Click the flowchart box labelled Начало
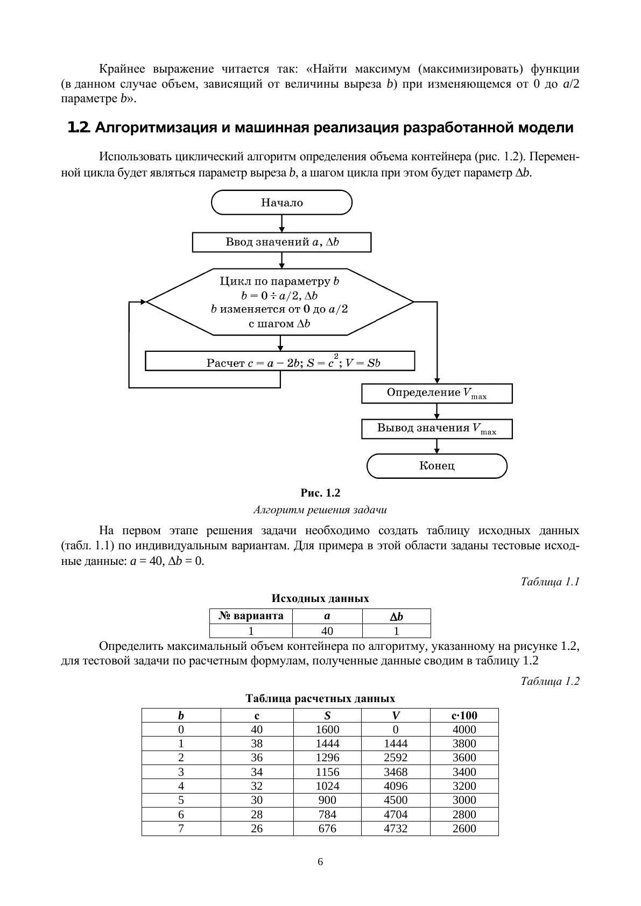[x=281, y=203]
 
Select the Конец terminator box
[x=436, y=466]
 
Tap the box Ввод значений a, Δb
[x=281, y=242]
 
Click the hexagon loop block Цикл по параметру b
[x=280, y=302]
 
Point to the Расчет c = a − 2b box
[x=280, y=362]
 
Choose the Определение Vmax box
[x=436, y=393]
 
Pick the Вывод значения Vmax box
[x=436, y=429]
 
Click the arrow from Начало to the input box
[x=281, y=224]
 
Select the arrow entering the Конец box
[x=436, y=447]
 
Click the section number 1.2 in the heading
[x=79, y=128]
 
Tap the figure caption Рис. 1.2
[x=320, y=493]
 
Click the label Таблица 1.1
[x=550, y=582]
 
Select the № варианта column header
[x=251, y=616]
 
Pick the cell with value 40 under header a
[x=327, y=631]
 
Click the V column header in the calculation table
[x=396, y=716]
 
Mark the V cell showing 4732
[x=396, y=829]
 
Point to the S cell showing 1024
[x=327, y=786]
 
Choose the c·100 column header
[x=464, y=716]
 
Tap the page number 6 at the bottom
[x=320, y=862]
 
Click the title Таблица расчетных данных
[x=320, y=698]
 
